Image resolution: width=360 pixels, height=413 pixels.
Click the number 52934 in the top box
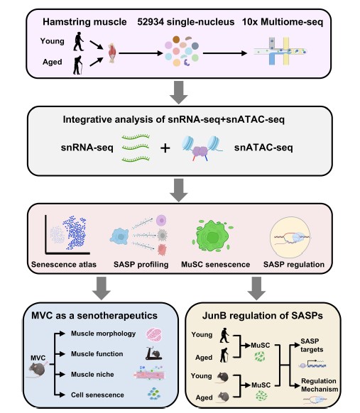point(151,22)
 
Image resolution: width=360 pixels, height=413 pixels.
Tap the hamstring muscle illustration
point(112,53)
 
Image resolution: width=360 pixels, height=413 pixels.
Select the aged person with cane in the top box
point(78,65)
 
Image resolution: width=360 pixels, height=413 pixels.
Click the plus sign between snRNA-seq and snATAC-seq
point(165,148)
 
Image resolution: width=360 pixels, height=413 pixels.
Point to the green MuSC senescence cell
point(213,236)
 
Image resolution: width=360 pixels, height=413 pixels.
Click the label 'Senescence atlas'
point(64,265)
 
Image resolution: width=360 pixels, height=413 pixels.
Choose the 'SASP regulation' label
point(294,265)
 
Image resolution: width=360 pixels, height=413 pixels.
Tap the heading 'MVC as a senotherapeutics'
point(94,316)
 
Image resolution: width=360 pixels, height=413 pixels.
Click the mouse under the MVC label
point(37,370)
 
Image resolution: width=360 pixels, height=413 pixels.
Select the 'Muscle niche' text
point(92,374)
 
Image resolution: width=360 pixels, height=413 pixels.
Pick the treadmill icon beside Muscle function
point(154,353)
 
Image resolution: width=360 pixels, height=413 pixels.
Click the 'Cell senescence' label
point(97,395)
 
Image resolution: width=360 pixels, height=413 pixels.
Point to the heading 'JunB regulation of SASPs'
point(263,316)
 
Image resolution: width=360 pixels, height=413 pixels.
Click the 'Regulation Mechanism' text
point(320,385)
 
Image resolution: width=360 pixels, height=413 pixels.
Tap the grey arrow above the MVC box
point(102,288)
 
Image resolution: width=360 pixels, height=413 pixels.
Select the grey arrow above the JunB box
point(256,288)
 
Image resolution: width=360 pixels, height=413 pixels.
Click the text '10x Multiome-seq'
point(283,22)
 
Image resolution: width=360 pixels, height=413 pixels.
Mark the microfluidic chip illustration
point(280,51)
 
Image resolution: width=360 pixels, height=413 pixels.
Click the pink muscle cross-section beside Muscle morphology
point(154,334)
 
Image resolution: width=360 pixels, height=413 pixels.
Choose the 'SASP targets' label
point(312,346)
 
